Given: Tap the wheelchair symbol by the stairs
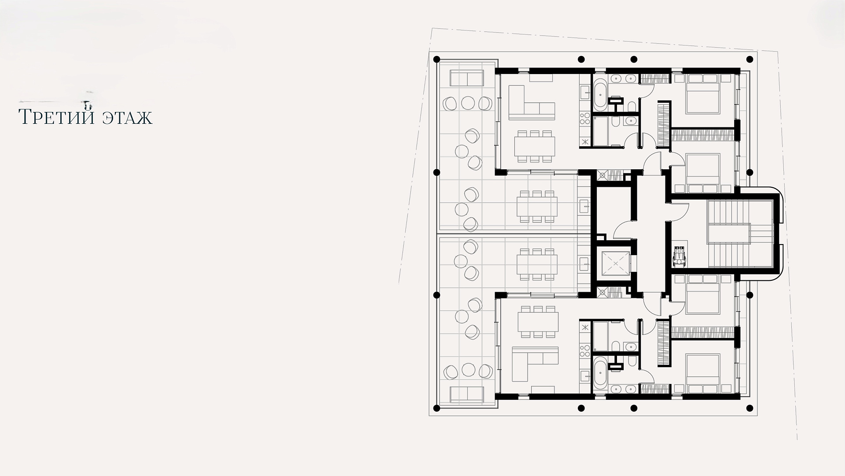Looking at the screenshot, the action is click(680, 257).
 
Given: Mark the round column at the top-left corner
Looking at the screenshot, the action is click(437, 59).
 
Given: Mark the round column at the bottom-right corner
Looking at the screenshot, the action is click(750, 408).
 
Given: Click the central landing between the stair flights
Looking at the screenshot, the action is click(728, 234).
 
